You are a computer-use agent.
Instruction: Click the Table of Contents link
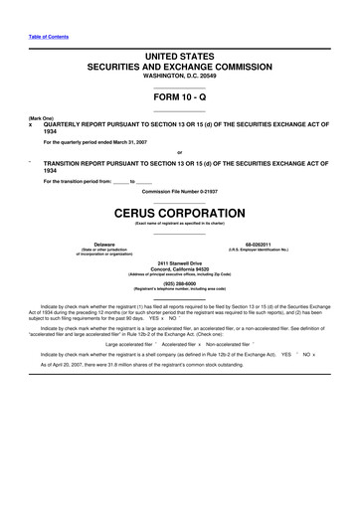click(49, 37)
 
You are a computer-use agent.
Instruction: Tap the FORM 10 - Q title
click(180, 99)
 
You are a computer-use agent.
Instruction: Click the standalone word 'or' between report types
click(180, 152)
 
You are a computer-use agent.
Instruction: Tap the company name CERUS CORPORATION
click(180, 212)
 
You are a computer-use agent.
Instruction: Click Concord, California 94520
click(180, 268)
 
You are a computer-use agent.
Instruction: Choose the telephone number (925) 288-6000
click(180, 281)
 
